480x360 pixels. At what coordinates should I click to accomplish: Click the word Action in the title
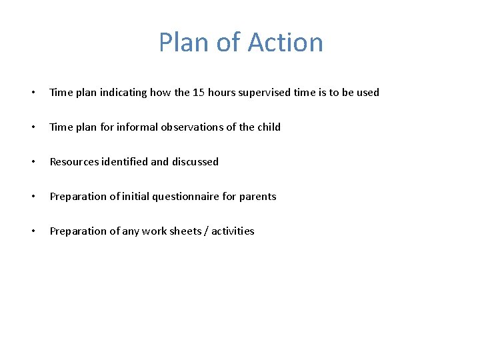[x=285, y=43]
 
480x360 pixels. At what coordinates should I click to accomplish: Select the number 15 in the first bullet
[x=198, y=93]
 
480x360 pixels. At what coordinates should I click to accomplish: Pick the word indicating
[x=124, y=93]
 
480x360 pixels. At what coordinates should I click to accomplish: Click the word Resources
[x=73, y=162]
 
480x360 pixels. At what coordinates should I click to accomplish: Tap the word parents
[x=257, y=197]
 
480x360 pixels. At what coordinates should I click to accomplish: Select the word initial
[x=133, y=197]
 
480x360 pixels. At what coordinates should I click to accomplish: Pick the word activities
[x=233, y=231]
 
